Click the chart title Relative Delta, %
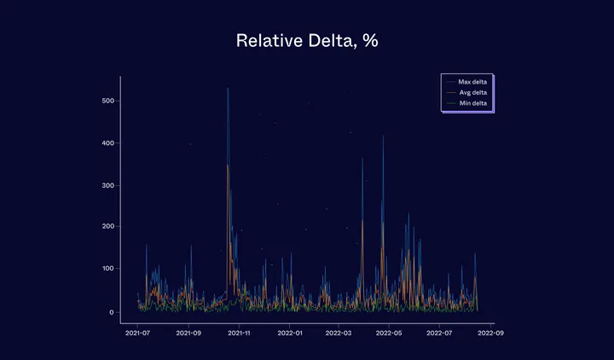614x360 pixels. coord(307,41)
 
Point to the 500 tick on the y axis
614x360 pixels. coord(107,102)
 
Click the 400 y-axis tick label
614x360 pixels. coord(107,143)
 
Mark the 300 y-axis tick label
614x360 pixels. coord(107,185)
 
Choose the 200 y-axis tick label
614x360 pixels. coord(107,227)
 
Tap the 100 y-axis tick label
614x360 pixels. coord(107,269)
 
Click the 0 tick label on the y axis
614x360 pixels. coord(112,312)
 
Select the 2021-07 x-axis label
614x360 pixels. coord(138,333)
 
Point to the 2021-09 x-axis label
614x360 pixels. coord(188,333)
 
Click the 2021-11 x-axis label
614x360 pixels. coord(239,333)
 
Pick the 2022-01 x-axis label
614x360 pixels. coord(289,333)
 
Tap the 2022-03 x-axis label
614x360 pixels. coord(339,333)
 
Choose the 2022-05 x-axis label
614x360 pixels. coord(389,333)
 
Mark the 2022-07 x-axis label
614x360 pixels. coord(439,333)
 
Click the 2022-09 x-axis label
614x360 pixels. coord(489,333)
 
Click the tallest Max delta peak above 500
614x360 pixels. coord(228,89)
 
